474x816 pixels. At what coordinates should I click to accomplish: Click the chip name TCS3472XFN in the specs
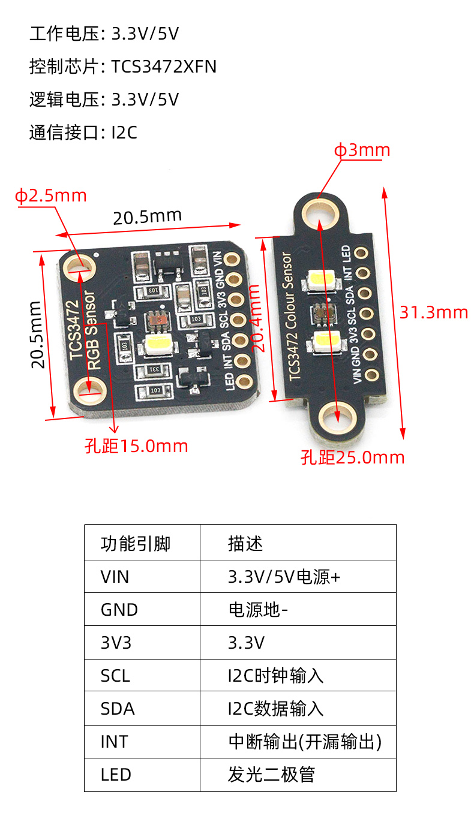click(163, 67)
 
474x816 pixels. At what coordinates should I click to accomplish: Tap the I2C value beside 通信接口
click(124, 132)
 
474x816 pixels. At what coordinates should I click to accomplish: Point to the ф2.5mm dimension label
click(51, 195)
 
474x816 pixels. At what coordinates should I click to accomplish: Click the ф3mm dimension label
click(362, 150)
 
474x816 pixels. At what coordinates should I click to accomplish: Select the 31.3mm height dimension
click(434, 312)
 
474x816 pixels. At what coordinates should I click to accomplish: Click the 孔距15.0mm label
click(136, 446)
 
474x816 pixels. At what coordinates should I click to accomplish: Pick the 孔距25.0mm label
click(353, 457)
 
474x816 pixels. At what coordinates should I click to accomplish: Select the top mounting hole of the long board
click(319, 213)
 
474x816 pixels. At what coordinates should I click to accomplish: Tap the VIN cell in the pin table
click(115, 577)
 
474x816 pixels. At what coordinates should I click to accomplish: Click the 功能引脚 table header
click(136, 544)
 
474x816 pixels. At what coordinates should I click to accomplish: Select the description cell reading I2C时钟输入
click(275, 676)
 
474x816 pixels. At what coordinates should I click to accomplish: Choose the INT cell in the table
click(114, 742)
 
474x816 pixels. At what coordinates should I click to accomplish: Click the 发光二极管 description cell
click(271, 775)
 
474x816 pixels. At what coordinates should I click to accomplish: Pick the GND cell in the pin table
click(119, 610)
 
